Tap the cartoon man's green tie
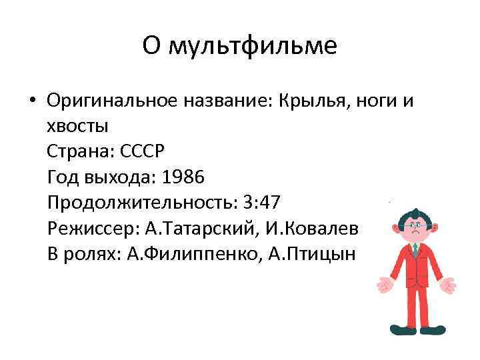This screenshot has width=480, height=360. (415, 251)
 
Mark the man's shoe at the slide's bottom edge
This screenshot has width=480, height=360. (399, 329)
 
